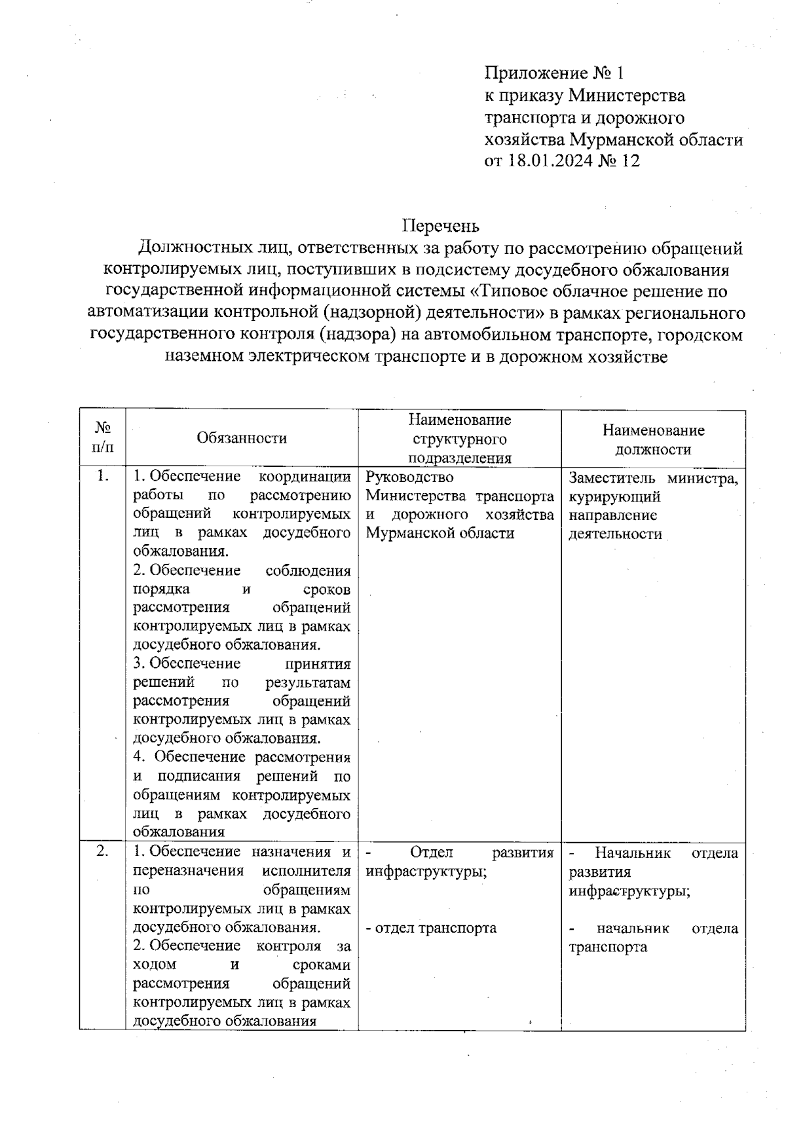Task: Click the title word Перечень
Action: click(x=440, y=226)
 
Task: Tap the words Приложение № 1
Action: click(x=557, y=72)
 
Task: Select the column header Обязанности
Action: click(x=242, y=438)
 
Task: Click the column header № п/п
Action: click(x=102, y=437)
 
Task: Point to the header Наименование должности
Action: click(x=653, y=439)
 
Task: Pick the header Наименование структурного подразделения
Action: click(x=459, y=438)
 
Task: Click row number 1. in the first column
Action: click(x=102, y=476)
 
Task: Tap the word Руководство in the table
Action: click(x=409, y=477)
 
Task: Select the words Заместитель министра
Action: click(x=653, y=479)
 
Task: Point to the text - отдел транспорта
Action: click(x=431, y=928)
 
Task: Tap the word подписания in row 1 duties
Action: click(x=202, y=777)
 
